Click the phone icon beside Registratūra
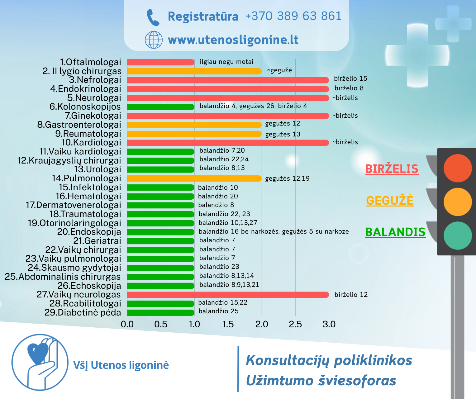pos(153,17)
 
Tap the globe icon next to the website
pos(154,40)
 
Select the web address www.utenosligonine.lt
pos(233,40)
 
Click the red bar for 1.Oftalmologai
pos(161,62)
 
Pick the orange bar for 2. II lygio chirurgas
pos(194,71)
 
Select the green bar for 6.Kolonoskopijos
pos(161,107)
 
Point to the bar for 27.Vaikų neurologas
pos(228,295)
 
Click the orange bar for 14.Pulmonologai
pos(194,178)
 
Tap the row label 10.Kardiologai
pos(91,143)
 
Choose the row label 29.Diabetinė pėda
pos(83,312)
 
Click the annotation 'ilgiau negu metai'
pos(226,62)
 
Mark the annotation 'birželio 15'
pos(350,78)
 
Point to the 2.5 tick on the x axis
pos(295,324)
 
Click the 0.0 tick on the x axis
pos(127,324)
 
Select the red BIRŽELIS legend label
pos(392,169)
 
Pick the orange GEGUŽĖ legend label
pos(390,200)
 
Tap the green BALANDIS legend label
pos(395,232)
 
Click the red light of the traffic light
pos(458,168)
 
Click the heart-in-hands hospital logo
pos(40,362)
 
